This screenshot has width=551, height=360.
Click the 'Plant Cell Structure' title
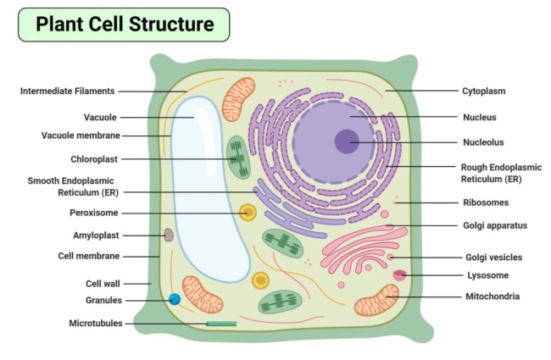(x=124, y=25)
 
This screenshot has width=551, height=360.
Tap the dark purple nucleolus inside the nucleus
(x=346, y=141)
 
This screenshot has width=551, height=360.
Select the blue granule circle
(x=175, y=299)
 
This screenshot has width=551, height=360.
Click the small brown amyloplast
(x=169, y=235)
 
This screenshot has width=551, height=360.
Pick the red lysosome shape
(x=400, y=274)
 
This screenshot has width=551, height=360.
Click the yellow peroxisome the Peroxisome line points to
(x=248, y=213)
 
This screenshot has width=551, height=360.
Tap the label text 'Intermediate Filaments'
(x=68, y=91)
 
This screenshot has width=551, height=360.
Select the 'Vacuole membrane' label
(x=81, y=136)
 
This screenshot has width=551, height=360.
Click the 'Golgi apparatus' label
(x=496, y=225)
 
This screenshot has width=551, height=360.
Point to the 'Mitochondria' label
(x=493, y=296)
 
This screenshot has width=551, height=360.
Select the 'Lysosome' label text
(x=487, y=275)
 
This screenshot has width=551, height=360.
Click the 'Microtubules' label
(x=96, y=323)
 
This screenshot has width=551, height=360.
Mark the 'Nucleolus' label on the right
(x=485, y=142)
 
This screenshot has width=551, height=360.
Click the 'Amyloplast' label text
(x=96, y=235)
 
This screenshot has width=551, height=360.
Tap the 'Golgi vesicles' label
(x=493, y=257)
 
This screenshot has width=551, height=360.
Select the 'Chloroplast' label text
(x=94, y=158)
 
